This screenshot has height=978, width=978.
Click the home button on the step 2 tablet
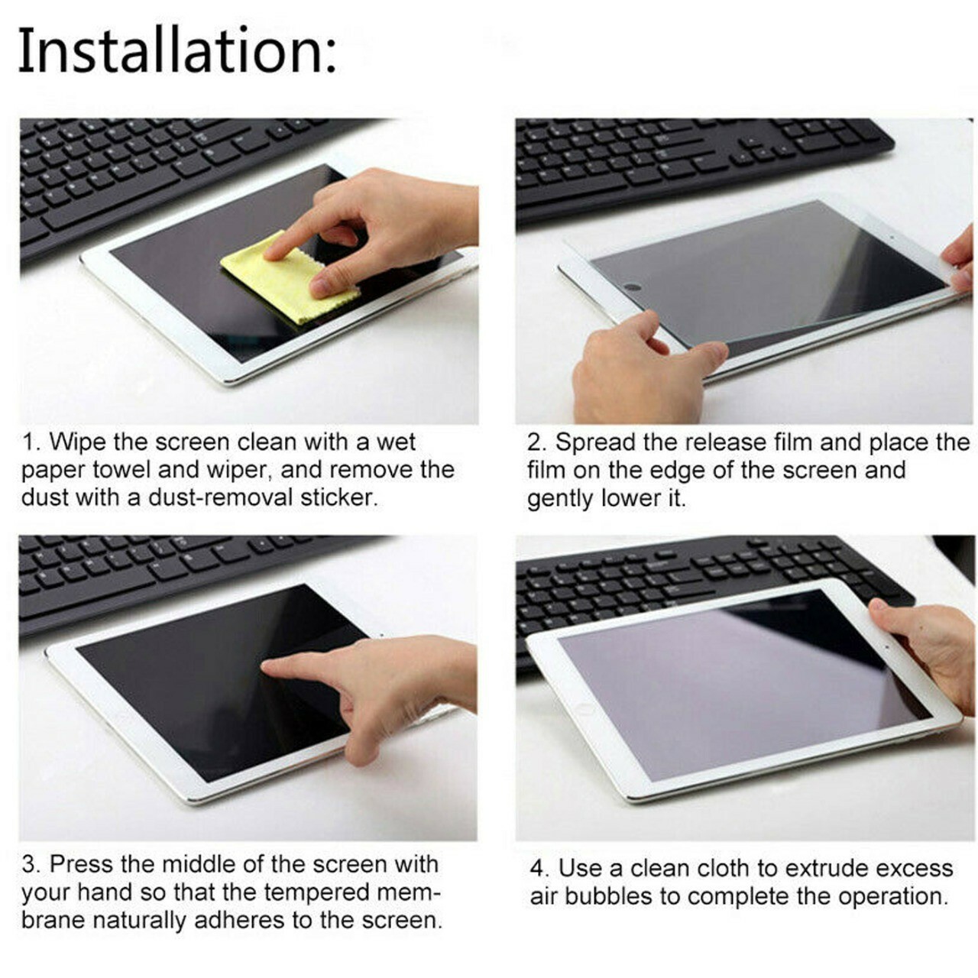633,287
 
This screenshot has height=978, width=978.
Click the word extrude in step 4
820,868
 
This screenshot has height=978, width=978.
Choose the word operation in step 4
892,897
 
